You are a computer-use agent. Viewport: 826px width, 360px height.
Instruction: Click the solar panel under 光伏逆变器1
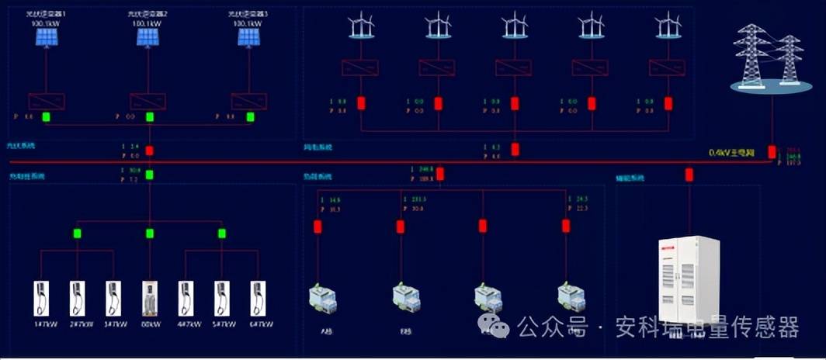pos(46,37)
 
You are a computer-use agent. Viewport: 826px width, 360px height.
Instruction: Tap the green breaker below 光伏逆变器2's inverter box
pos(150,118)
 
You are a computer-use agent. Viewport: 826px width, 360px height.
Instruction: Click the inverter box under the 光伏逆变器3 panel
pos(248,101)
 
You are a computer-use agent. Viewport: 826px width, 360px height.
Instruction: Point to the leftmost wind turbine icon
pos(360,26)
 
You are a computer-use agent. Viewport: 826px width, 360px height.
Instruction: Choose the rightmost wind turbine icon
pos(668,26)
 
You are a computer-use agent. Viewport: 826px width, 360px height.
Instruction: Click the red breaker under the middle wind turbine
pos(515,103)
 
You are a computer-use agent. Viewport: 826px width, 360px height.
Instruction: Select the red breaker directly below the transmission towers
pos(772,151)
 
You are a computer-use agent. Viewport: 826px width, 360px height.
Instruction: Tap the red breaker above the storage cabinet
pos(689,175)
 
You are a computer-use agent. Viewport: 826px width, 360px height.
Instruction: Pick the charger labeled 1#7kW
pos(41,298)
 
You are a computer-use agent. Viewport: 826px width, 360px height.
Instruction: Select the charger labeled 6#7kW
pos(258,298)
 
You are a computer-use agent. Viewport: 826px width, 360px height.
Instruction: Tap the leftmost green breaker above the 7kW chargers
pos(78,233)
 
